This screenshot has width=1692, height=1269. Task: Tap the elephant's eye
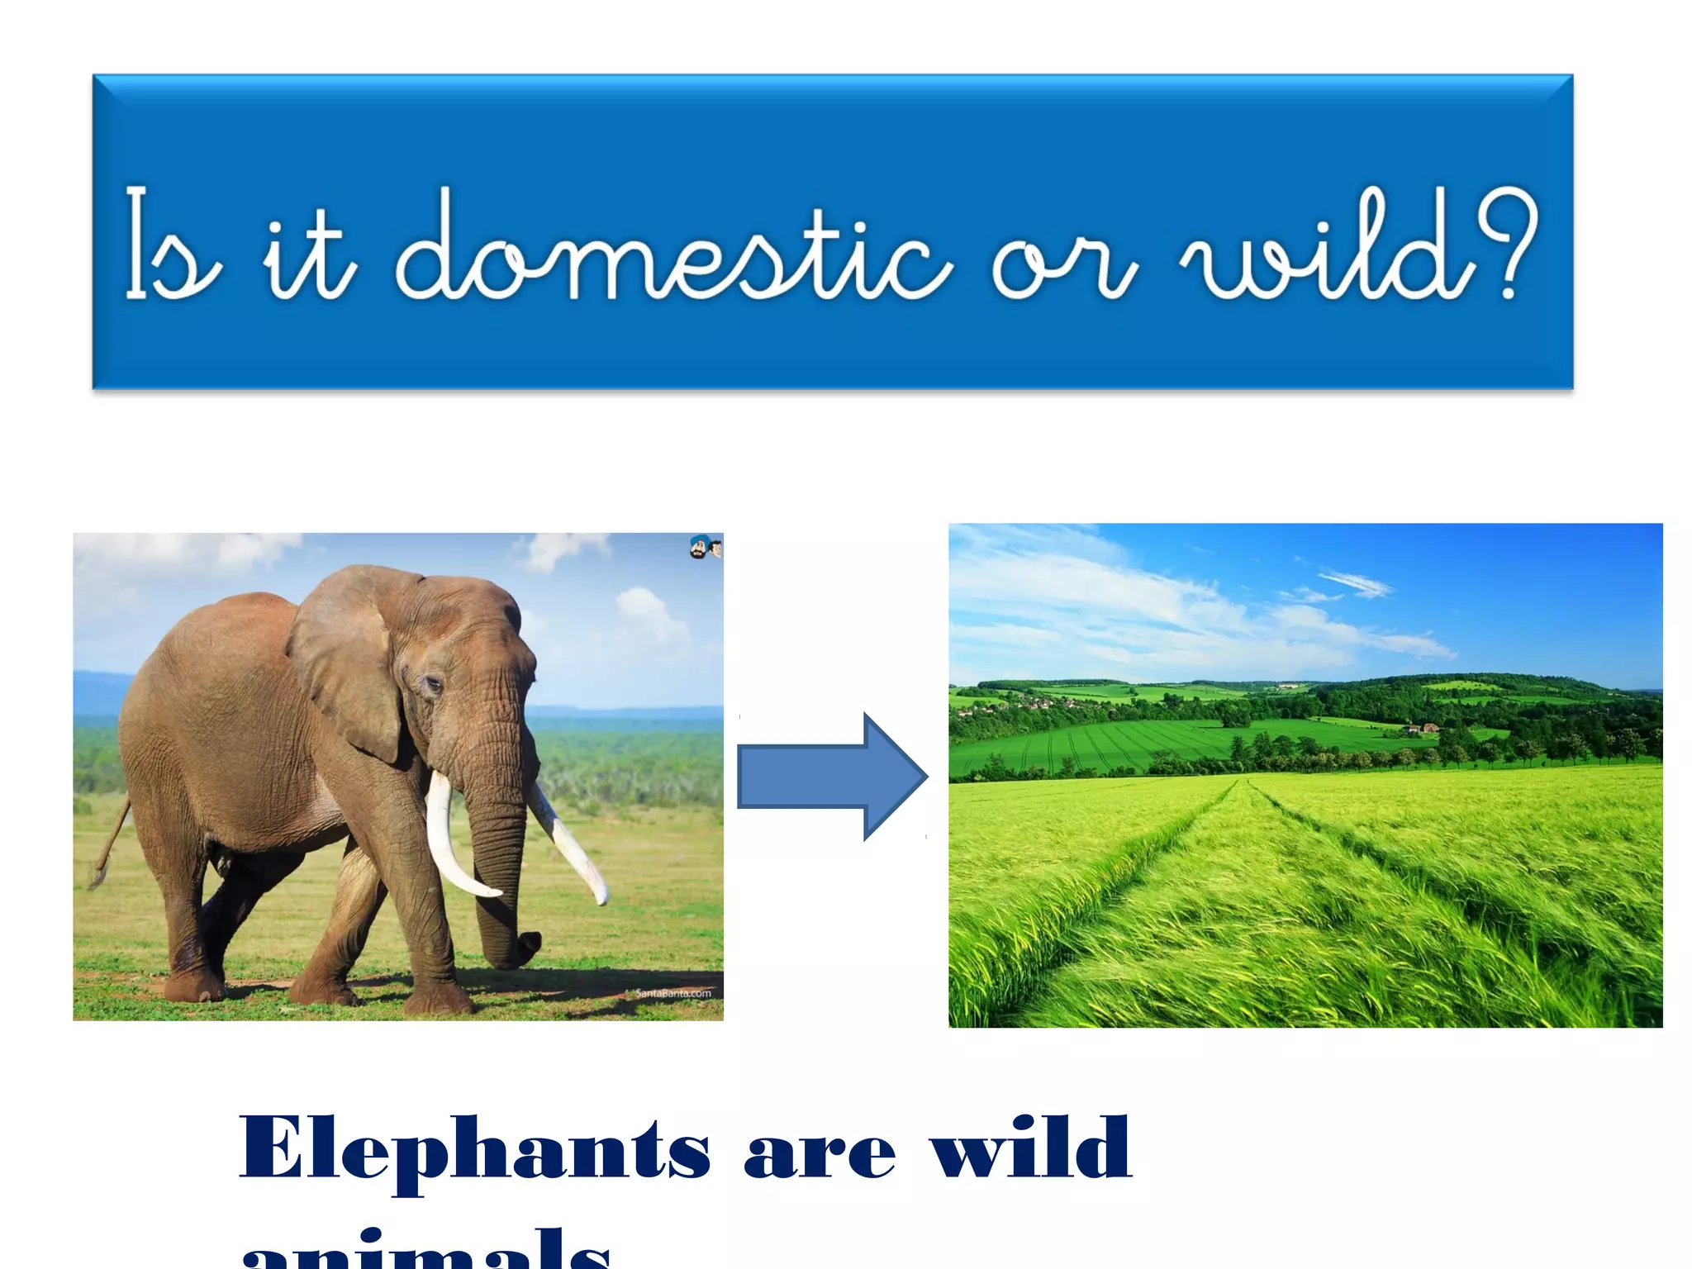[x=432, y=683]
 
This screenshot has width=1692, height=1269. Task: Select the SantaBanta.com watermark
[x=673, y=993]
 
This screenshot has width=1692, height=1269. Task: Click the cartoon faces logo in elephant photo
[x=706, y=547]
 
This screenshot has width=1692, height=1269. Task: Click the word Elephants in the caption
[x=474, y=1150]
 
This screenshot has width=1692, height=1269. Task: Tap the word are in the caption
[x=819, y=1153]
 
